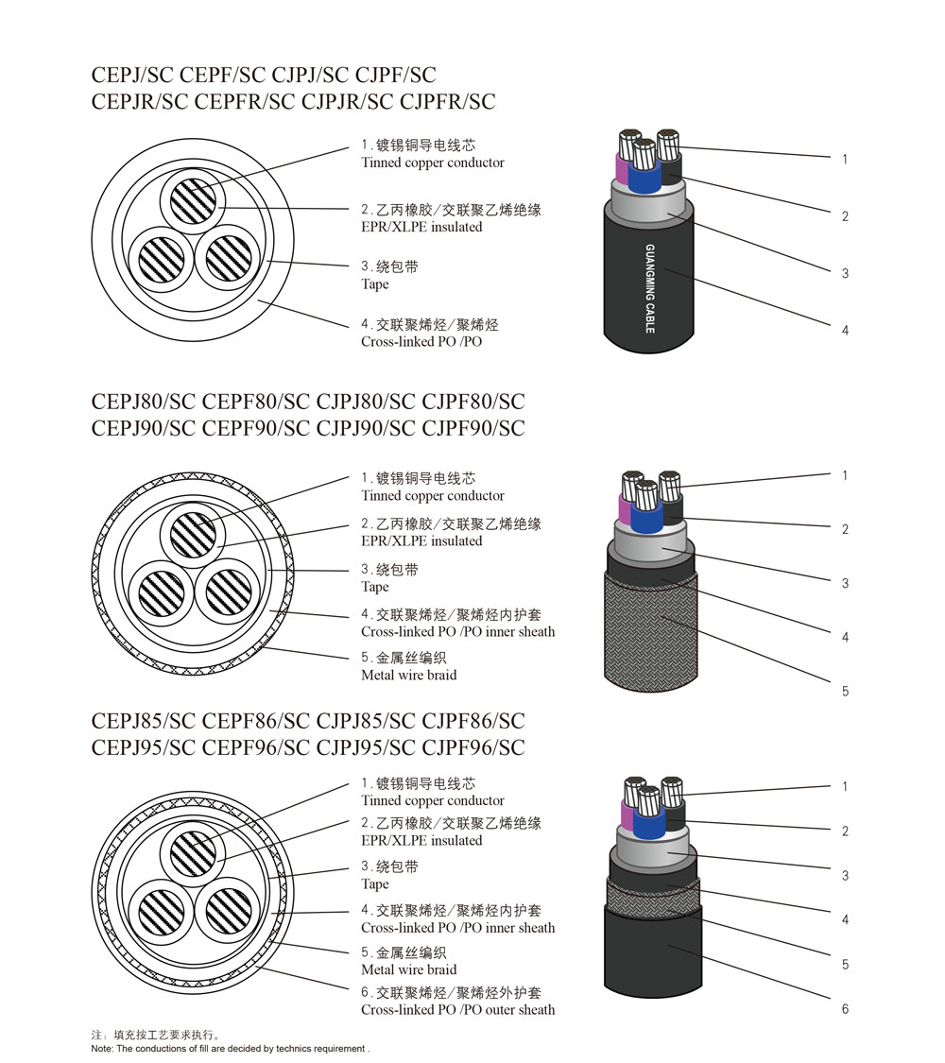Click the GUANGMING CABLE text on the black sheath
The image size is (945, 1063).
point(650,288)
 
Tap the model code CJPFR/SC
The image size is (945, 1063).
point(448,102)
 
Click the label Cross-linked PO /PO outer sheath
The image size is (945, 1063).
point(457,1009)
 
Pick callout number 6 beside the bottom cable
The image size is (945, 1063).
point(845,1009)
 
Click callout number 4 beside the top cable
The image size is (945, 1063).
point(845,331)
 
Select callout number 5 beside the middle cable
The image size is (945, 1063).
point(845,692)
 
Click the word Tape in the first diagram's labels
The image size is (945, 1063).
point(374,284)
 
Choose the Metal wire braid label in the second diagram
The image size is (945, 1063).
point(408,675)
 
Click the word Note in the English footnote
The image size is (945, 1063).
point(102,1049)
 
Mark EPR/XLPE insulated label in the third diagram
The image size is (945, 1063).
point(421,840)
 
